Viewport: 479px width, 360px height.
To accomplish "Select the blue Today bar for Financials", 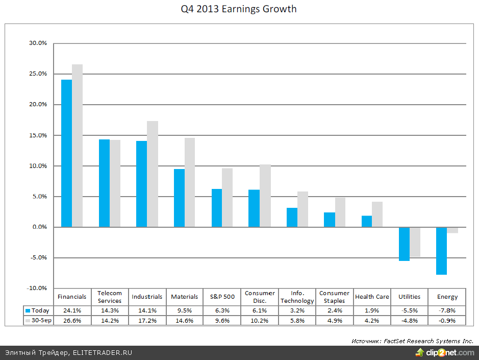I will (x=66, y=153).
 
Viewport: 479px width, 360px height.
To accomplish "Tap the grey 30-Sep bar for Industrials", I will (x=153, y=174).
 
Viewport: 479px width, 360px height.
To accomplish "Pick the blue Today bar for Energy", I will (x=442, y=251).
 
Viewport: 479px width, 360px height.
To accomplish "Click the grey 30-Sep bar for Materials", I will (x=190, y=182).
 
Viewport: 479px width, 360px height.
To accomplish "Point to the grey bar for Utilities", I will (x=415, y=242).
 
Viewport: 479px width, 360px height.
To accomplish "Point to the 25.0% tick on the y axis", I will (x=38, y=74).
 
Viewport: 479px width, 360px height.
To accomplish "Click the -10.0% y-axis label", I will (x=37, y=289).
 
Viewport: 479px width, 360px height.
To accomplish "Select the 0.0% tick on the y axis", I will (x=39, y=227).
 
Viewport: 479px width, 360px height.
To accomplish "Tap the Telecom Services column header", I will (x=110, y=297).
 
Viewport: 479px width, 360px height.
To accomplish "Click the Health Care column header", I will (x=372, y=297).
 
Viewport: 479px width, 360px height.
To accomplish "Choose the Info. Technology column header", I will (x=297, y=297).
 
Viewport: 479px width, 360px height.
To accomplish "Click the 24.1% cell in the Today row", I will (x=72, y=310).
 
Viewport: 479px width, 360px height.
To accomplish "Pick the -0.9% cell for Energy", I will (x=447, y=320).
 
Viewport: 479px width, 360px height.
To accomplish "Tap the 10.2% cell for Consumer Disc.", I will (x=260, y=320).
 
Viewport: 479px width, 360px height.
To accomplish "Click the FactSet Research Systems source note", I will (x=412, y=341).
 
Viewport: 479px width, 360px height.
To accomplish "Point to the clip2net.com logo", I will (x=445, y=352).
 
